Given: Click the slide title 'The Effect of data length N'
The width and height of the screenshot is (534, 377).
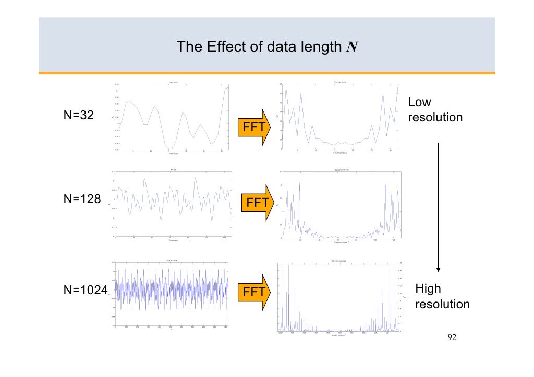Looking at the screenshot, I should click(267, 47).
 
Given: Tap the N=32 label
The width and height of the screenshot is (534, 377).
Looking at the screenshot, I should click(79, 115).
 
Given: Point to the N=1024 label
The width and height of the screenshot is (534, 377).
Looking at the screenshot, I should click(85, 291).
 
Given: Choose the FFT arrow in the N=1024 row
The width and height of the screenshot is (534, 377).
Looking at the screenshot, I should click(254, 293).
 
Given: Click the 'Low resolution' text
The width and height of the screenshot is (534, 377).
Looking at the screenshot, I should click(434, 110).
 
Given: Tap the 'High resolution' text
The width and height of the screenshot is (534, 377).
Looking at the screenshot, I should click(442, 296).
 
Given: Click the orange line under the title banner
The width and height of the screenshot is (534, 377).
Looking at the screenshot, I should click(267, 73).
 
